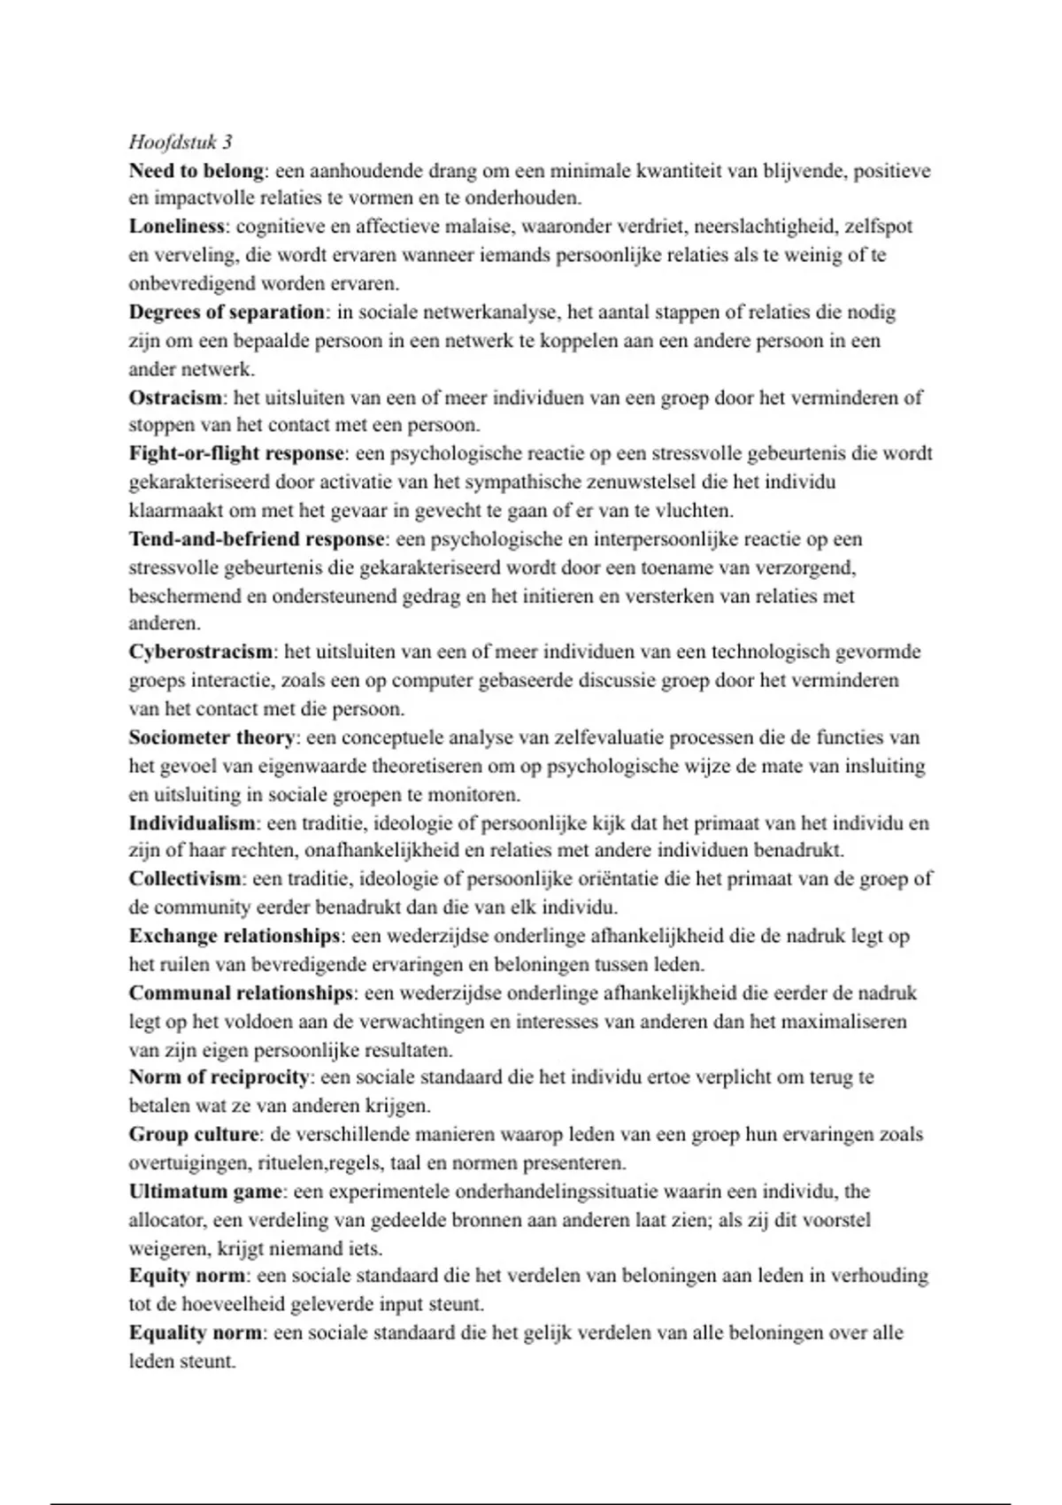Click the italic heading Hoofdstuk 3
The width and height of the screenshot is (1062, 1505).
tap(181, 142)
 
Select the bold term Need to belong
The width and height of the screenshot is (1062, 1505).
tap(196, 170)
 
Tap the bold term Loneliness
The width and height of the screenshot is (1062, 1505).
tap(176, 227)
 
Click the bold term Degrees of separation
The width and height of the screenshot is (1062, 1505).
tap(227, 312)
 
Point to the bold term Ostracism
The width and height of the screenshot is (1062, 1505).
tap(175, 397)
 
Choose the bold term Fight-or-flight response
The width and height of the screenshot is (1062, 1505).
tap(236, 453)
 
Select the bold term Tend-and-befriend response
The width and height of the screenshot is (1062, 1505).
tap(257, 539)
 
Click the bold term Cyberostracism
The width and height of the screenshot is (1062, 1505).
tap(201, 652)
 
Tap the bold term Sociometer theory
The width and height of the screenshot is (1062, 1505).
tap(212, 737)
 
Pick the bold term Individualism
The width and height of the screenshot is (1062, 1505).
tap(192, 823)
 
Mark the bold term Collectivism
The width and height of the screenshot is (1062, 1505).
tap(185, 879)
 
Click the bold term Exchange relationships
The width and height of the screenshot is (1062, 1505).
tap(235, 936)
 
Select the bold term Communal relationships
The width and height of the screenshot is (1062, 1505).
tap(241, 993)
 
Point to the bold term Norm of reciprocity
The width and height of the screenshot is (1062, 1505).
tap(219, 1077)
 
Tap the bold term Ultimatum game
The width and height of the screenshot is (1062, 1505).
tap(205, 1192)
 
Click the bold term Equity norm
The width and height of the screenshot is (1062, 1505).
tap(187, 1276)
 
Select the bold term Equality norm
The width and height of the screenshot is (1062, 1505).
tap(196, 1332)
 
